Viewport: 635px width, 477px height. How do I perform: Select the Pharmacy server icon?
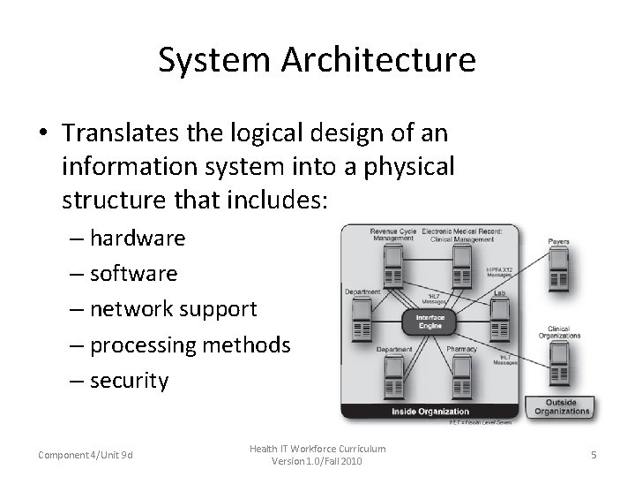pos(460,375)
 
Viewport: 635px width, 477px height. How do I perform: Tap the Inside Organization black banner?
pos(430,412)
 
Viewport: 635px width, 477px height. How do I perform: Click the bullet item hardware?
pos(137,238)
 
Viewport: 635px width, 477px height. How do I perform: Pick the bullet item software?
pos(133,273)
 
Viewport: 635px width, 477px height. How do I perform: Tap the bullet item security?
pos(129,380)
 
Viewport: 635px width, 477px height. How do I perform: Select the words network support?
pos(173,309)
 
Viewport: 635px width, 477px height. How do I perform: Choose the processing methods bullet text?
pos(190,344)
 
